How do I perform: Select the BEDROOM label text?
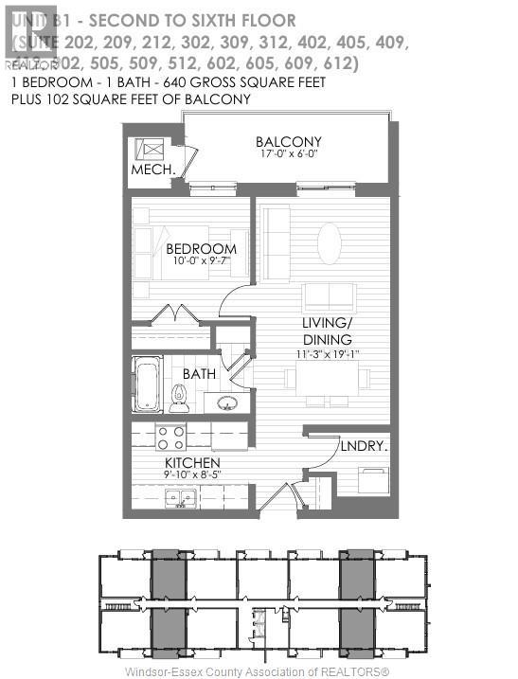pos(200,250)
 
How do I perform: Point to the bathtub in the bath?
pos(148,384)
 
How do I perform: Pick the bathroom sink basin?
pos(227,402)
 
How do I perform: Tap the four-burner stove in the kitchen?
pos(170,437)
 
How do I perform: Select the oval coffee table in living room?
pos(330,242)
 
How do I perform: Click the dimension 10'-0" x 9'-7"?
pos(200,263)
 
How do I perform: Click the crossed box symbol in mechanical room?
pos(150,150)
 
